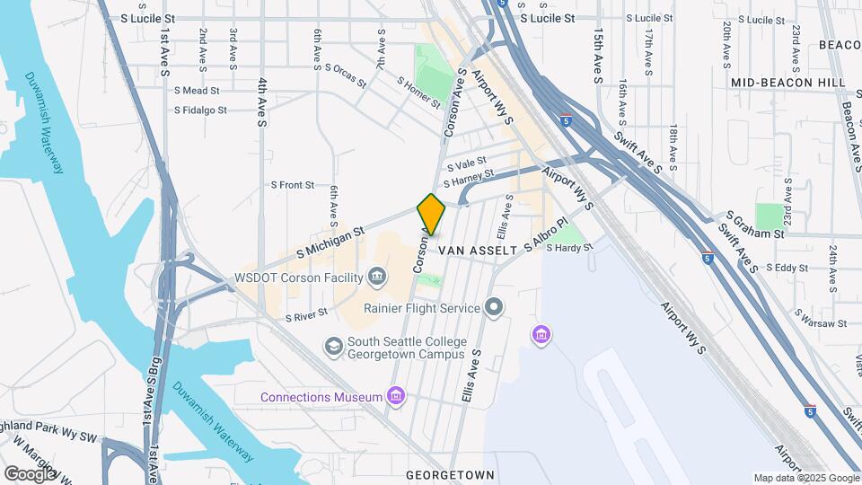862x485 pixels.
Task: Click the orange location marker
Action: pos(431,215)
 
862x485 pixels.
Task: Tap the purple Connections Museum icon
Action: pos(395,397)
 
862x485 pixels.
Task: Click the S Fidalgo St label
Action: pos(201,110)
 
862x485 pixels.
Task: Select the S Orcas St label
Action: pos(346,75)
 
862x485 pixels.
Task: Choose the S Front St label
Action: pos(293,185)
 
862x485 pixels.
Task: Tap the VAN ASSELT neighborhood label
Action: pos(477,251)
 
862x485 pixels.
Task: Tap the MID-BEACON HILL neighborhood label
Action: pos(787,83)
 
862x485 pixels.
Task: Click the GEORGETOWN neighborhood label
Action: pos(450,473)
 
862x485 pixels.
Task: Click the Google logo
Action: pos(31,472)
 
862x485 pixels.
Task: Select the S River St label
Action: pos(306,316)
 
